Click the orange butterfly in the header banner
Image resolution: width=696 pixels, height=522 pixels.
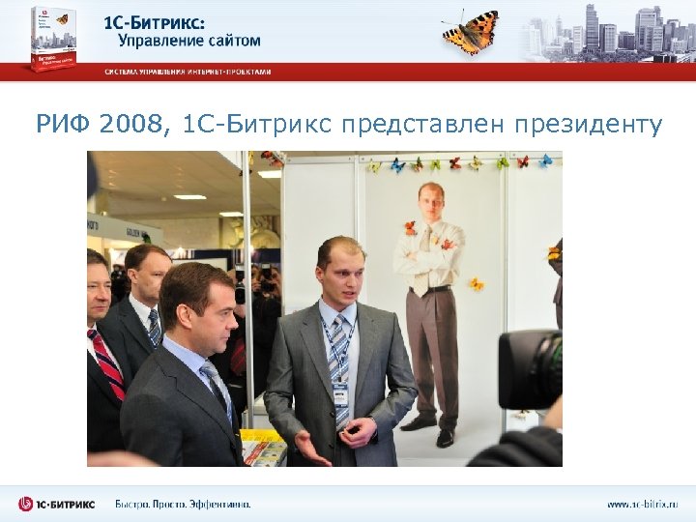point(471,33)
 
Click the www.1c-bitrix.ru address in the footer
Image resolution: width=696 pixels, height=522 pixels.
point(642,504)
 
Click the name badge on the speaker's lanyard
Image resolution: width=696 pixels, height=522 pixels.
point(340,392)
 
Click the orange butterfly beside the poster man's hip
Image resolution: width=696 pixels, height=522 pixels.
point(477,284)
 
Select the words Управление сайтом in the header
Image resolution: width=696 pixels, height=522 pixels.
point(188,41)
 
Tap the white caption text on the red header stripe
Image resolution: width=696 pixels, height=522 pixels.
point(188,72)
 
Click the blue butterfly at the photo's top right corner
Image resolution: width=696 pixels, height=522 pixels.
point(546,160)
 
